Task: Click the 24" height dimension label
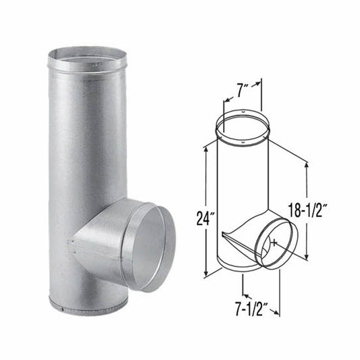pos(194,220)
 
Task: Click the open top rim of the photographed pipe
pos(87,57)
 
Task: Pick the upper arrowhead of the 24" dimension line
pos(205,153)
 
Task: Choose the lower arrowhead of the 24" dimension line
pos(205,276)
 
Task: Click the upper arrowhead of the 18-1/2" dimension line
pos(308,164)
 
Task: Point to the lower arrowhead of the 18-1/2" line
pos(308,257)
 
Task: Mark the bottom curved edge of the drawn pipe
pos(240,268)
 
